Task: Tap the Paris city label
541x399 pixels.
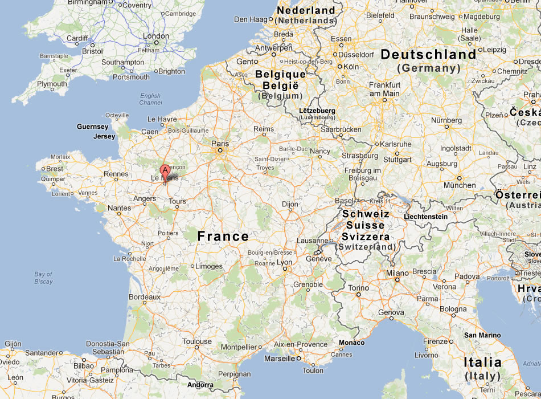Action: click(x=220, y=144)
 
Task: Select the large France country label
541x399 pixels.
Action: click(x=223, y=236)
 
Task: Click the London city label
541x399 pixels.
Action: click(x=156, y=36)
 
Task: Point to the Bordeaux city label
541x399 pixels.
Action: click(x=145, y=297)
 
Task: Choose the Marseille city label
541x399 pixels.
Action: click(x=279, y=359)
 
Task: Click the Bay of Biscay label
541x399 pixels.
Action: click(x=43, y=278)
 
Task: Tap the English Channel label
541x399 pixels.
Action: click(x=150, y=99)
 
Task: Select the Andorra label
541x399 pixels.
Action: click(x=200, y=385)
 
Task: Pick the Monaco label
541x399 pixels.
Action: click(x=351, y=343)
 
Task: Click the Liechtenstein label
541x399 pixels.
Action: click(x=425, y=217)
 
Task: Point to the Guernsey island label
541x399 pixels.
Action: click(x=93, y=127)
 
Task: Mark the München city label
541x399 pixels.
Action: click(x=460, y=185)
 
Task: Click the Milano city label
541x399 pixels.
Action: click(x=397, y=273)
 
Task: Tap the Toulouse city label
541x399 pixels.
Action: click(x=197, y=341)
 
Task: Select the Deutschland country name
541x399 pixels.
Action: click(x=428, y=55)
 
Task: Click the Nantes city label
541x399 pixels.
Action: click(x=120, y=208)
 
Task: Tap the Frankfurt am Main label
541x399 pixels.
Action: click(x=384, y=89)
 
